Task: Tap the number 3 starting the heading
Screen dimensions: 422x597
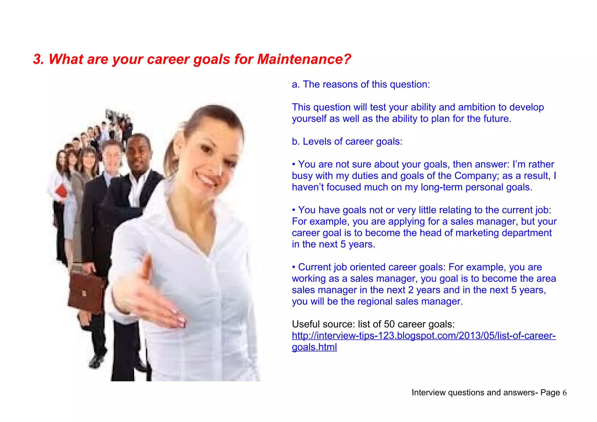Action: pyautogui.click(x=37, y=59)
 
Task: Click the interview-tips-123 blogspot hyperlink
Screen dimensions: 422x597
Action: pyautogui.click(x=424, y=336)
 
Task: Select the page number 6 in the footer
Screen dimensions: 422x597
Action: pyautogui.click(x=564, y=393)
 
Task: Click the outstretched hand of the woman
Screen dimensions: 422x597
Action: pyautogui.click(x=157, y=303)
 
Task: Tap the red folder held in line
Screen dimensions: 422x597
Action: pyautogui.click(x=61, y=191)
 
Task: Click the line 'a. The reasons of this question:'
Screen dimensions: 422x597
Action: pyautogui.click(x=361, y=85)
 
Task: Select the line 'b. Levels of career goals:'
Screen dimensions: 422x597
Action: pyautogui.click(x=347, y=142)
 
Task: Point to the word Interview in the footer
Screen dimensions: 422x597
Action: pyautogui.click(x=429, y=393)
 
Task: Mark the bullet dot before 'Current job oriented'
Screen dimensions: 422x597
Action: pyautogui.click(x=294, y=267)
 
